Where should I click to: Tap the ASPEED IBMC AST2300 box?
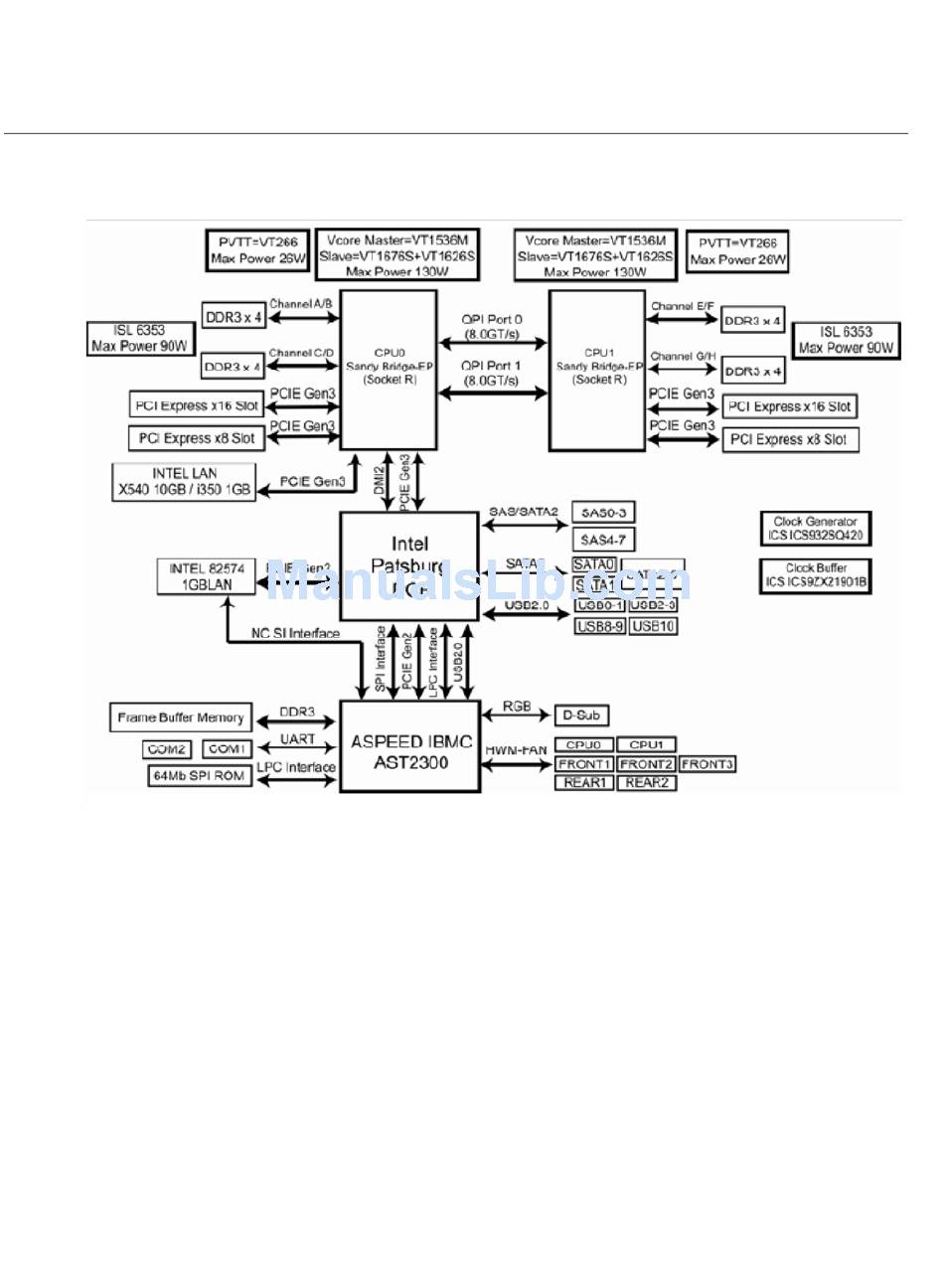(x=410, y=747)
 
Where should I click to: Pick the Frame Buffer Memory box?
(x=181, y=717)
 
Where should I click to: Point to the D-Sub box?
(x=580, y=715)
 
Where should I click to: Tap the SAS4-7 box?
(x=603, y=540)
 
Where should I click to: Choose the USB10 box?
(x=654, y=626)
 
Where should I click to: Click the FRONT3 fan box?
(x=708, y=764)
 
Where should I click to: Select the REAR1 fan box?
(x=584, y=783)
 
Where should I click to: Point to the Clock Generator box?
(x=816, y=528)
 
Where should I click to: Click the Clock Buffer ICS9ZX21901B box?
(x=816, y=574)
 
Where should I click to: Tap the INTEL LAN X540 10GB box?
(x=184, y=481)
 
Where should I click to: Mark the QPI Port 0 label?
(x=492, y=326)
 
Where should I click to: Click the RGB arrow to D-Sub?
(x=517, y=713)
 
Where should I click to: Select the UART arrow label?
(x=297, y=739)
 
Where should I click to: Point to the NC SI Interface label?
(x=295, y=633)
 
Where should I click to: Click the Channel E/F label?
(x=681, y=307)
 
